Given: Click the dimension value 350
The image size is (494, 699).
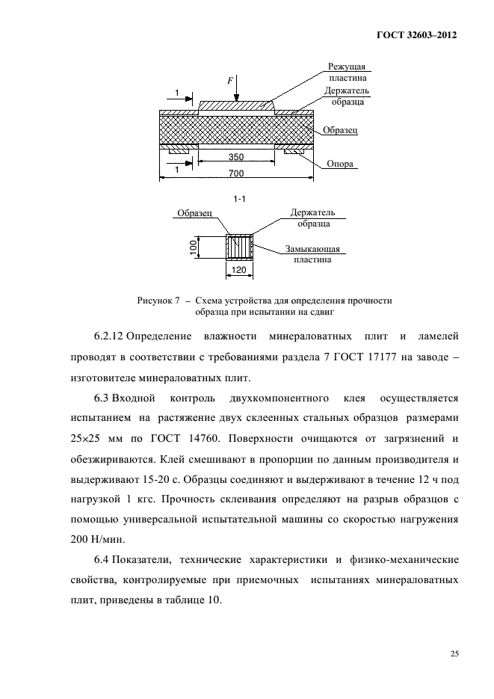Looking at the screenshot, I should click(x=236, y=158).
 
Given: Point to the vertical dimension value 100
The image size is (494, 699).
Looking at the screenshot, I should click(x=193, y=247).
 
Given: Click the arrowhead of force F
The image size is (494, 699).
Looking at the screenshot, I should click(x=236, y=98).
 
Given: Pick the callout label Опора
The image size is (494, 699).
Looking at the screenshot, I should click(x=340, y=164).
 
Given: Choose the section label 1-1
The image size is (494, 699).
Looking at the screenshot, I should click(x=240, y=199).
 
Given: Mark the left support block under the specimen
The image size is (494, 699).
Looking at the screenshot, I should click(x=179, y=151).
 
